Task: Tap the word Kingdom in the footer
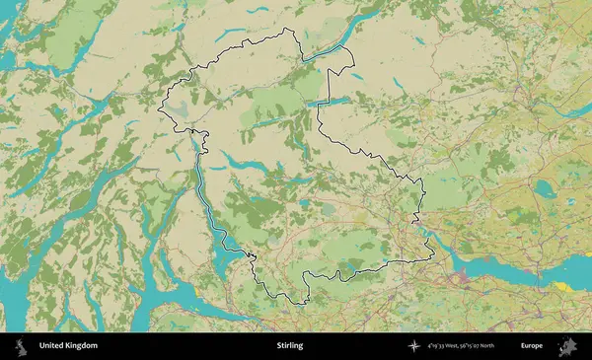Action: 82,346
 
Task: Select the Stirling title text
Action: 290,346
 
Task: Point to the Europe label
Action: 532,346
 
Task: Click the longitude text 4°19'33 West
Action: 448,346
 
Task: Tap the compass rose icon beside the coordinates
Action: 412,346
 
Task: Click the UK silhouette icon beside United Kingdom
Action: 20,346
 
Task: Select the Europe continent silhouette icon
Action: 568,346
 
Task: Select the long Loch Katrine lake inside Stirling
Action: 237,161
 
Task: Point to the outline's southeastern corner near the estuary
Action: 432,258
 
